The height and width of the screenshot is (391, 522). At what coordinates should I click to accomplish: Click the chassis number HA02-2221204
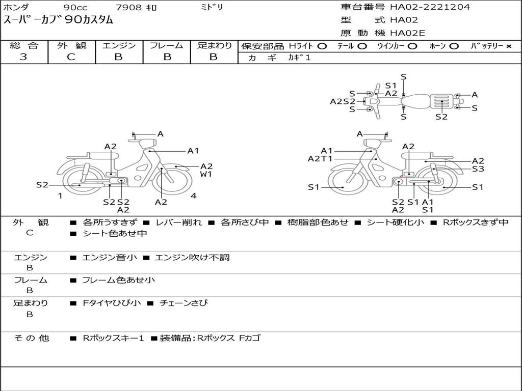(430, 7)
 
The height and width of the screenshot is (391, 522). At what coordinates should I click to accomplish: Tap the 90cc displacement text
(75, 8)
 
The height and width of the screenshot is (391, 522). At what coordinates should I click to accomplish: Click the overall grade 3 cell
(23, 57)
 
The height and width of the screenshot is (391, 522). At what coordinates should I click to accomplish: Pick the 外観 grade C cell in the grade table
(71, 57)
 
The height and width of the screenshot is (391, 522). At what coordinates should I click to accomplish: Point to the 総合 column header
(24, 45)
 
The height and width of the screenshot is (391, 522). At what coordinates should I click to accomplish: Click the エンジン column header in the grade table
(119, 45)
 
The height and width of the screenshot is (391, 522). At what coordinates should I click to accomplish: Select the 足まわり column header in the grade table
(214, 45)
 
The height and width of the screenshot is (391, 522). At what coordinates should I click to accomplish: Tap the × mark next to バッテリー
(508, 46)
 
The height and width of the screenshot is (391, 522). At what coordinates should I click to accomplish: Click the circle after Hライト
(322, 46)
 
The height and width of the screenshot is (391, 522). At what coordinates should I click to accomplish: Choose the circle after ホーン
(454, 46)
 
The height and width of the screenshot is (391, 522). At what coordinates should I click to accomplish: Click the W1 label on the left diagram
(206, 174)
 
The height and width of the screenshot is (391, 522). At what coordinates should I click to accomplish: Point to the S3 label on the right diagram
(478, 169)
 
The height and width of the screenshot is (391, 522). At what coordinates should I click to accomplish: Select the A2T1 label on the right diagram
(320, 158)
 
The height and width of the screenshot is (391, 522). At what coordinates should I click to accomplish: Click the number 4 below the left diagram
(194, 195)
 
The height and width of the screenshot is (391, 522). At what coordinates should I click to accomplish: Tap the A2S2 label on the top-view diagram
(343, 101)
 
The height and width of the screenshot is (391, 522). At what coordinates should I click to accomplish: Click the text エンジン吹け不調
(192, 258)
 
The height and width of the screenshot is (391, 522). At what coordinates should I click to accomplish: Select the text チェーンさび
(184, 303)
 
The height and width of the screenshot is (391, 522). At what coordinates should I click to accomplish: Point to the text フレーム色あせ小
(118, 280)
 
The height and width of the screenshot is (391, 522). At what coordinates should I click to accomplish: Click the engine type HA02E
(408, 34)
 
